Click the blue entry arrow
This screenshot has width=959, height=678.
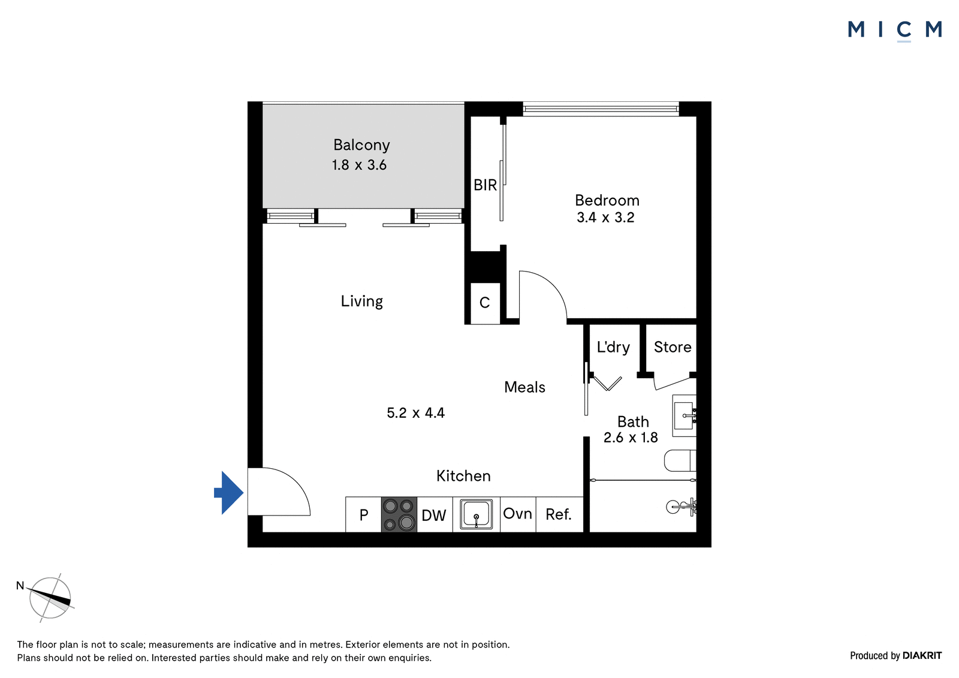point(229,493)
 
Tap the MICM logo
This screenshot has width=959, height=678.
point(895,30)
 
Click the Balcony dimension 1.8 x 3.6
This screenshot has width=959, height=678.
point(359,165)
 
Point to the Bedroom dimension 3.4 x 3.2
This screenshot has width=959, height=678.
point(605,218)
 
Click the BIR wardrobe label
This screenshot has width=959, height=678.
point(485,185)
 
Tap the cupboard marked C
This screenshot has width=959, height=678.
point(485,303)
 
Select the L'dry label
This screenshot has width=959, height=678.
point(613,347)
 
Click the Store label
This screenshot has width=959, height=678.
point(672,347)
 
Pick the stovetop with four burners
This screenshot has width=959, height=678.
point(399,514)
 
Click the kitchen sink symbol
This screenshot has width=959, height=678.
point(476,514)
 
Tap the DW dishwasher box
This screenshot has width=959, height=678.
point(435,514)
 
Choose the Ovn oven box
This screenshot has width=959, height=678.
point(518,514)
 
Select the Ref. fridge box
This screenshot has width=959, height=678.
point(560,514)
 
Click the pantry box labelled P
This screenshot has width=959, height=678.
point(363,514)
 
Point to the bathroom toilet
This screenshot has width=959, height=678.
point(680,460)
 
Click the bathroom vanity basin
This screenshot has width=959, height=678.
point(684,415)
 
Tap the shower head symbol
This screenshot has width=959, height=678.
point(681,507)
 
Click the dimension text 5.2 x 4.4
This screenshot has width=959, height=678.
point(416,413)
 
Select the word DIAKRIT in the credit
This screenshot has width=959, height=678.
point(922,656)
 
